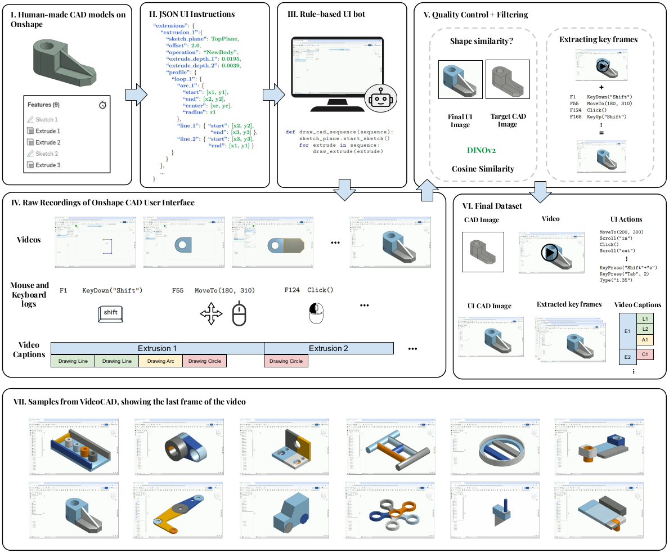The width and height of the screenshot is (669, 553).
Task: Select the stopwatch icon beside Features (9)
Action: pos(102,105)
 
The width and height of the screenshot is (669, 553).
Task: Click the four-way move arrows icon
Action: pos(212,314)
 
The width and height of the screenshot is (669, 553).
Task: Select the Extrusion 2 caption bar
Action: pos(329,348)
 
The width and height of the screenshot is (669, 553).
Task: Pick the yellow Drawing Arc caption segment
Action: pos(160,361)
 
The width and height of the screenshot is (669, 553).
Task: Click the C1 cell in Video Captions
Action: pos(645,354)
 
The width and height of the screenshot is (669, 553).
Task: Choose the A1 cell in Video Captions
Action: pos(645,340)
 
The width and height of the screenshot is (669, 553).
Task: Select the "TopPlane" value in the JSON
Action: pos(225,39)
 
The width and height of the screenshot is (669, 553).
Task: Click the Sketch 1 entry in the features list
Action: pos(47,119)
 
